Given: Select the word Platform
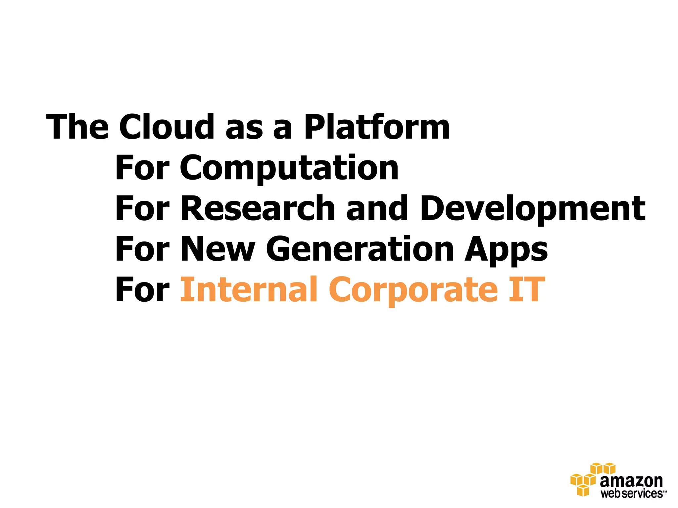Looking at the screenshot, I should (x=377, y=128).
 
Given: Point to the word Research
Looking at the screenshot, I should (x=258, y=208).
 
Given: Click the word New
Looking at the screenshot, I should (x=218, y=249).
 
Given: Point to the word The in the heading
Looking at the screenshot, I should (x=78, y=127).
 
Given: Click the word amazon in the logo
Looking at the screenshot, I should (x=631, y=481).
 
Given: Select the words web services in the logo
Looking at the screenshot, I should (x=632, y=493).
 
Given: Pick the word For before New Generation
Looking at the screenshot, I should (x=142, y=249).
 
